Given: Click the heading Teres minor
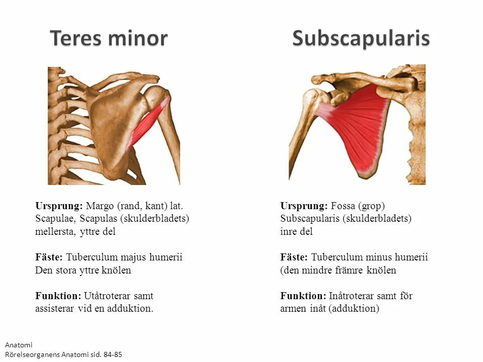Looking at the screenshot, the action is pos(109,39).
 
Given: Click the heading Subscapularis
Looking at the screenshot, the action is pos(361,39).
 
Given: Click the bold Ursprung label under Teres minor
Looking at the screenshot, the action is pos(58,206).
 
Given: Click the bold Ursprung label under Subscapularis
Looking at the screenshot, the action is pos(303,206).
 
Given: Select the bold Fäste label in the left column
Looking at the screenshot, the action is pos(49,257).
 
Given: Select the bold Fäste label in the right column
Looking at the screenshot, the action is pos(294,257).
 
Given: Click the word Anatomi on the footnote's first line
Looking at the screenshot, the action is pos(18,345).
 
